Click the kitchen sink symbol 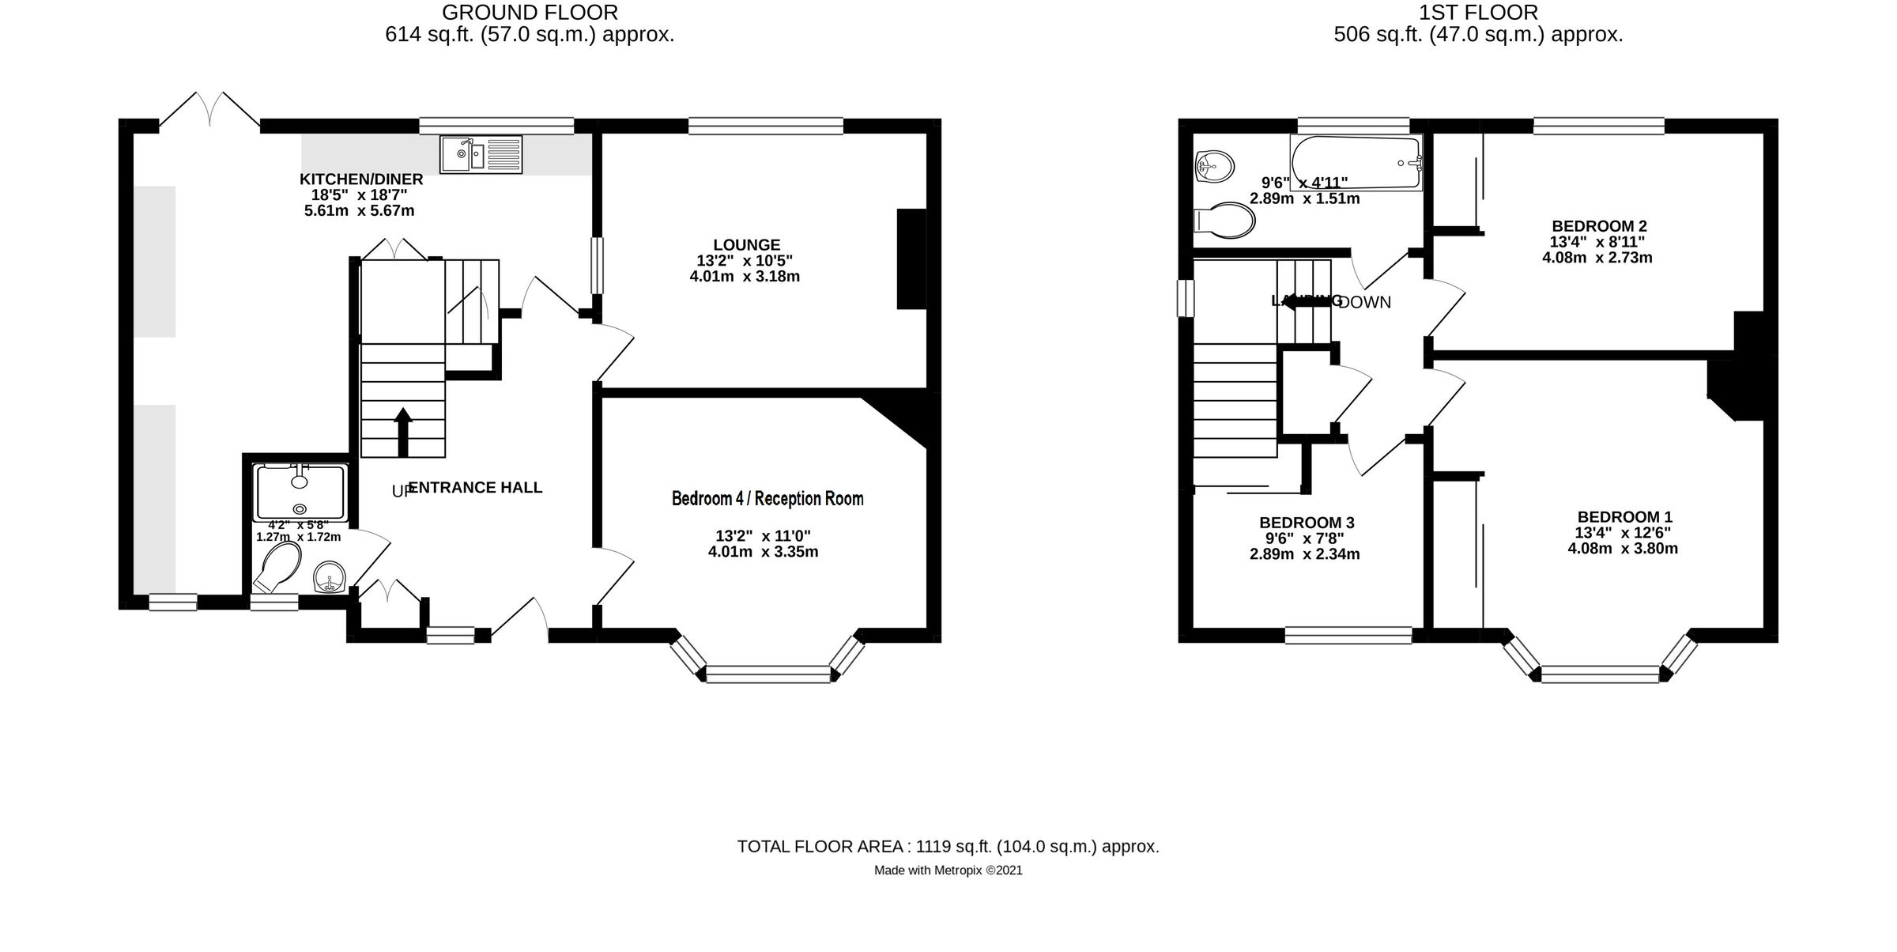click(x=481, y=154)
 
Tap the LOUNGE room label click(x=745, y=245)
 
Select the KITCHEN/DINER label click(x=361, y=179)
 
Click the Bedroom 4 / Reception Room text click(x=767, y=499)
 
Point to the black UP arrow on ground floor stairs click(x=402, y=431)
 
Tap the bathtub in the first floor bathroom click(x=1356, y=163)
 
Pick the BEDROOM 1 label click(x=1624, y=517)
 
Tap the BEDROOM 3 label click(x=1306, y=523)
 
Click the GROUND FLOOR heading click(x=530, y=13)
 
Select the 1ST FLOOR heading click(x=1478, y=13)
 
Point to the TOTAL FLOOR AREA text click(x=948, y=847)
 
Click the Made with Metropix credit click(x=948, y=871)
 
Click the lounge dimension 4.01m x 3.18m click(x=745, y=277)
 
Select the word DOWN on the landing click(x=1366, y=303)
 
